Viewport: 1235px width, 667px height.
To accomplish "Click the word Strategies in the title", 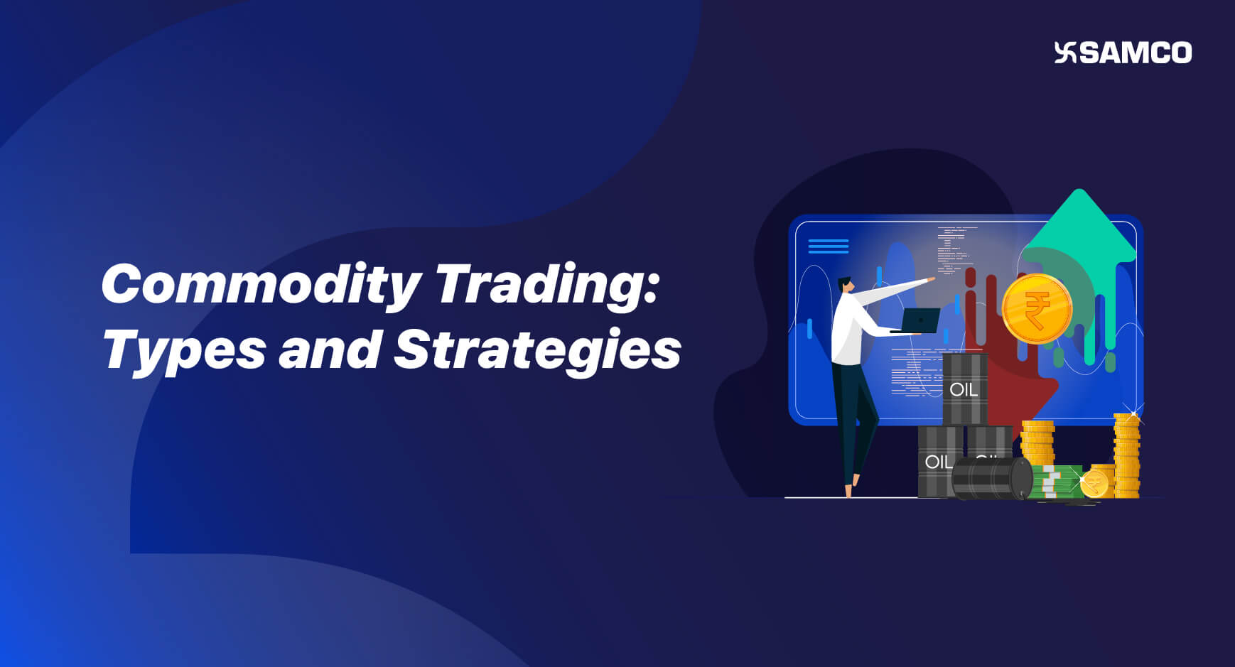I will (537, 350).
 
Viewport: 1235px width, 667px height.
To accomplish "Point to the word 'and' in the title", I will (329, 349).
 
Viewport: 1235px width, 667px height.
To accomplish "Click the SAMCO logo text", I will (1136, 53).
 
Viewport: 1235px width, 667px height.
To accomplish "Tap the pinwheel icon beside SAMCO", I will (1066, 53).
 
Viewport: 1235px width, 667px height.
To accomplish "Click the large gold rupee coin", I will (1037, 309).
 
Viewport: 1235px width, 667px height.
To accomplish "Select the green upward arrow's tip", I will (1079, 195).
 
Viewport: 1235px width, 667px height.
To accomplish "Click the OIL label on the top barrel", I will (964, 389).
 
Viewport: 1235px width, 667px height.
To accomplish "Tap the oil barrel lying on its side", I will (991, 478).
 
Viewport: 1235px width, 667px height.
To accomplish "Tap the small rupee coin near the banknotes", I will (1094, 484).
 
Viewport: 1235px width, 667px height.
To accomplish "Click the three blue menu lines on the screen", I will (829, 246).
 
